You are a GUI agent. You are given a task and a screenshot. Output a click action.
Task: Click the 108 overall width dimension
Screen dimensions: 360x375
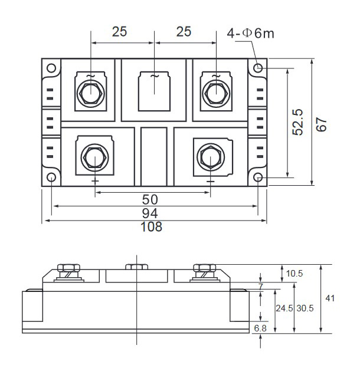click(x=151, y=227)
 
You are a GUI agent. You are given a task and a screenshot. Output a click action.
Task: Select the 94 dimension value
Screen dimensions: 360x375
click(x=150, y=213)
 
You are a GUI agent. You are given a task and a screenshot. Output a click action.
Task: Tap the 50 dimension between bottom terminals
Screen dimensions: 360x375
click(x=150, y=199)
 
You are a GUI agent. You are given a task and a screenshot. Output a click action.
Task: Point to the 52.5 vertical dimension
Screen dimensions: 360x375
click(x=298, y=122)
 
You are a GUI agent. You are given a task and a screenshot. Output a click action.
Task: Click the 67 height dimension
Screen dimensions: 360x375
click(x=321, y=124)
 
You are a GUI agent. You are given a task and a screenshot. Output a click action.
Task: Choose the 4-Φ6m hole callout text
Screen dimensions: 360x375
click(x=250, y=33)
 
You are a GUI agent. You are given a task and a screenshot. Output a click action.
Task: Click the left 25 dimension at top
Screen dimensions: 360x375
click(x=119, y=32)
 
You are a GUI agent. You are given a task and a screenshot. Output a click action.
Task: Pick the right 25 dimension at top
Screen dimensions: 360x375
click(x=184, y=32)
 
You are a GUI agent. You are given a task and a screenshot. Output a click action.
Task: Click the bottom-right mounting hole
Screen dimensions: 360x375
click(x=258, y=177)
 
